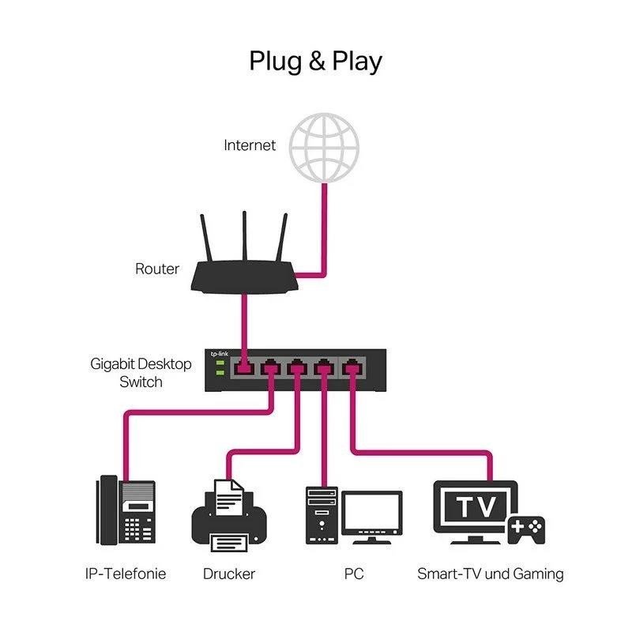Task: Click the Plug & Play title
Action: [x=316, y=61]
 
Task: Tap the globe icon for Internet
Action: [x=323, y=146]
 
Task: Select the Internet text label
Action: [x=250, y=145]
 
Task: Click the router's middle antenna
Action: [x=244, y=237]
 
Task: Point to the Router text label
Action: [x=157, y=269]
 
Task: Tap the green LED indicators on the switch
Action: [x=219, y=367]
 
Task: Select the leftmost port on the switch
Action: [x=244, y=367]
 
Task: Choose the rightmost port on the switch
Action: [x=350, y=367]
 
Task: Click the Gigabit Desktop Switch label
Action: [x=141, y=373]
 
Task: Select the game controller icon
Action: [x=525, y=529]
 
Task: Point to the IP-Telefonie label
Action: [x=126, y=574]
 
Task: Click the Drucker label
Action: [x=229, y=574]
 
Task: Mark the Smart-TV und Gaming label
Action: [x=490, y=574]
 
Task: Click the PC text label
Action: [x=353, y=574]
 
